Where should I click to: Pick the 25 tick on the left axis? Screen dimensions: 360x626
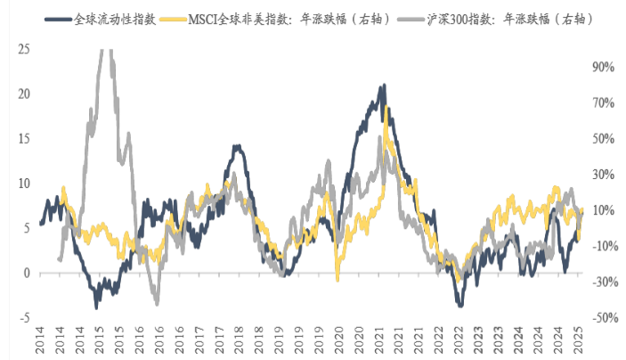pos(24,49)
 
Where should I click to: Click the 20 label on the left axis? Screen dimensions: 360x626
pos(24,94)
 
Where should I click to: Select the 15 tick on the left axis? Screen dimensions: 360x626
pos(24,138)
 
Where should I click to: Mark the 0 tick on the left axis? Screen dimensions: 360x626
pos(27,273)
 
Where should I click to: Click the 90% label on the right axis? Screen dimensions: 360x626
pos(603,67)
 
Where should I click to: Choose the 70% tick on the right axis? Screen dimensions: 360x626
pos(603,102)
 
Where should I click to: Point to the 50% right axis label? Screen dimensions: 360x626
pos(603,138)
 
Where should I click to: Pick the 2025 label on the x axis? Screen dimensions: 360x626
pos(577,343)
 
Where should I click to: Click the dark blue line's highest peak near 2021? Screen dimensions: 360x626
pos(383,86)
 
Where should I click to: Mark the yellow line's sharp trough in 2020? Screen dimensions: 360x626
pos(337,279)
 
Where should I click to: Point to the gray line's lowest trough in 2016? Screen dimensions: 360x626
pos(157,304)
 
